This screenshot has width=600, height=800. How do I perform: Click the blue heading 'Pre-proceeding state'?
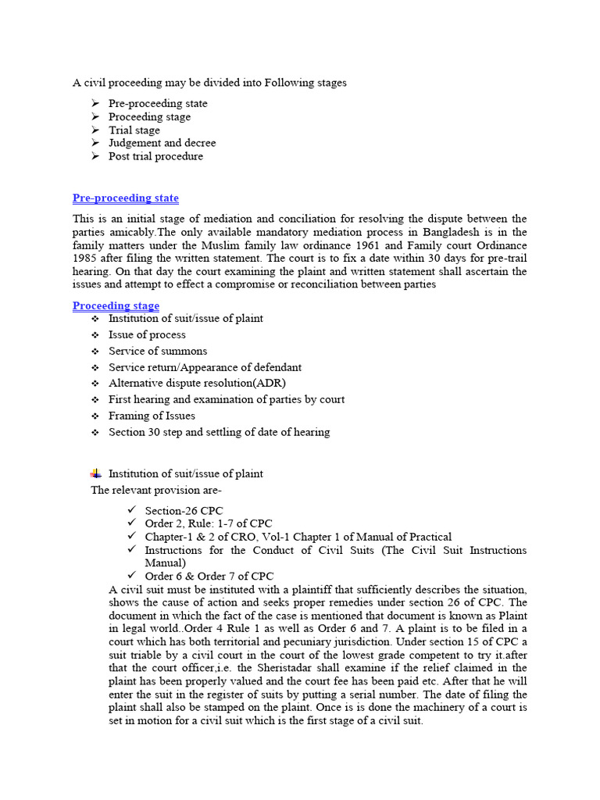(x=125, y=198)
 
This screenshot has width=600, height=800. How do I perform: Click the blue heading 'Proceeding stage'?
(x=116, y=305)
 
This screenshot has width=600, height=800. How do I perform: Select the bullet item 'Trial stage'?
(x=134, y=130)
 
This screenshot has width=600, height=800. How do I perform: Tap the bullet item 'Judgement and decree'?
(x=162, y=143)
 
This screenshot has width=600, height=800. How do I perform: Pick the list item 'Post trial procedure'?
(x=155, y=156)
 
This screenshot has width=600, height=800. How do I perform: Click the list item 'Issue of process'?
(x=147, y=334)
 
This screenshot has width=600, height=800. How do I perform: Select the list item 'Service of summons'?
(x=158, y=351)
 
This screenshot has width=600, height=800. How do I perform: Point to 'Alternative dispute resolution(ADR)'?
(x=197, y=383)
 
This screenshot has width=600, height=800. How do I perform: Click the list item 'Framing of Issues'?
(x=152, y=416)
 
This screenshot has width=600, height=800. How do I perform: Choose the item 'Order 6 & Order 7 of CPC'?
(x=209, y=577)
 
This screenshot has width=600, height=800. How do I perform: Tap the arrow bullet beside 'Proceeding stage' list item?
(x=95, y=117)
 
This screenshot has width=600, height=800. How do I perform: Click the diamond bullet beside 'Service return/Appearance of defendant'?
(x=95, y=367)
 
